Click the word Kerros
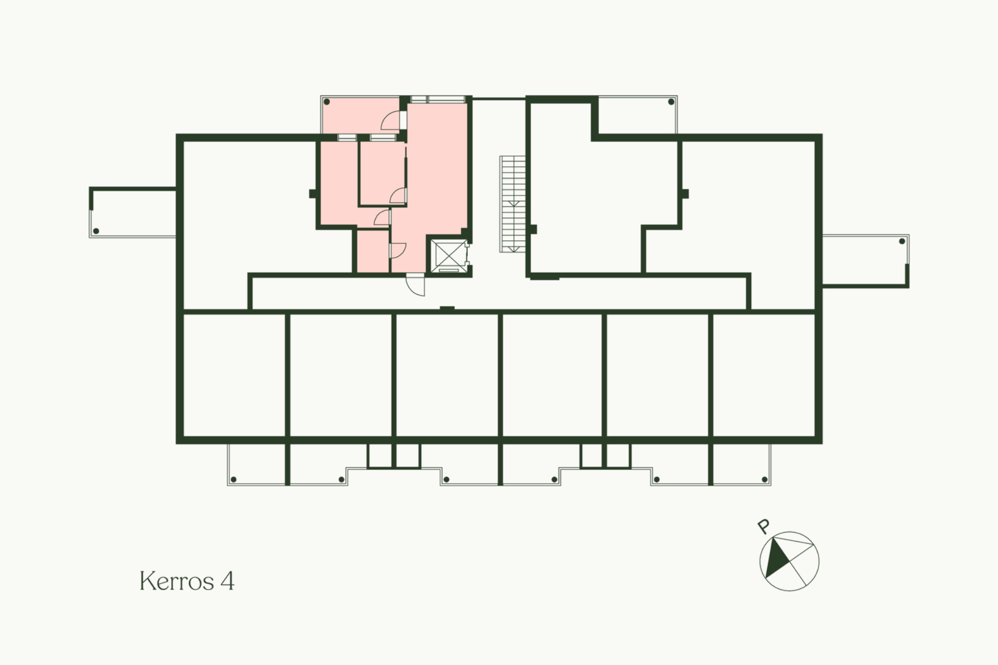(177, 581)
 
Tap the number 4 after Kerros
(227, 581)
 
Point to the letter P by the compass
(763, 527)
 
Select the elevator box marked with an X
(448, 255)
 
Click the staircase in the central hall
(513, 204)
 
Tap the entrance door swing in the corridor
(415, 285)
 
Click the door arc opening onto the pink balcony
(390, 121)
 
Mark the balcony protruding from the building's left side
(133, 212)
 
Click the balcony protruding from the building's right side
(865, 260)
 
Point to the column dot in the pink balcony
(327, 102)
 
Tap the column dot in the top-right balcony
(671, 102)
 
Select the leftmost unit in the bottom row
(234, 375)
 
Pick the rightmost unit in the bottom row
(764, 375)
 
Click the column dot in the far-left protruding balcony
(96, 231)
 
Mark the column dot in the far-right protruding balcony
(902, 241)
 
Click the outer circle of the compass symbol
(790, 532)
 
